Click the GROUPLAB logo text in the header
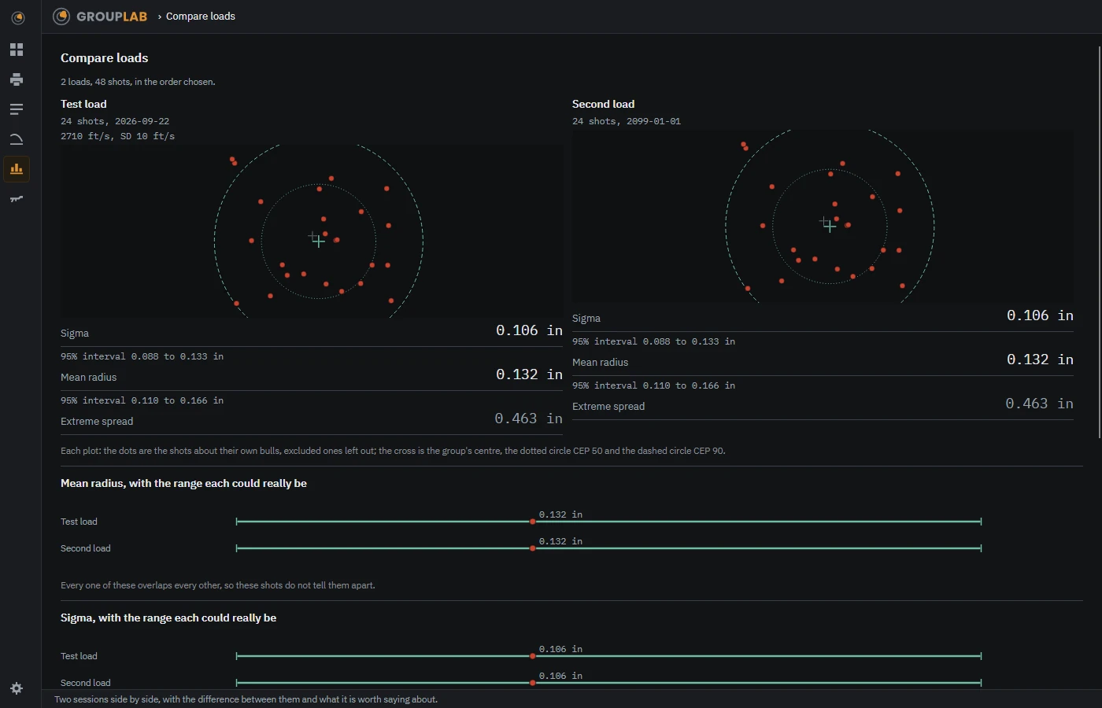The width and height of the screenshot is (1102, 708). point(112,17)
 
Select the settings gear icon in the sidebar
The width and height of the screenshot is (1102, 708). point(17,688)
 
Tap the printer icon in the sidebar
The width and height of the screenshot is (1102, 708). point(17,79)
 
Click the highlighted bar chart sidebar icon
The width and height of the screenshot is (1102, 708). point(17,169)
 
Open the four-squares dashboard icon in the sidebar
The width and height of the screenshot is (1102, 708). point(17,50)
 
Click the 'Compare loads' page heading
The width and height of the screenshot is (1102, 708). point(104,58)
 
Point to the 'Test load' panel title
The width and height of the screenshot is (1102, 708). point(83,104)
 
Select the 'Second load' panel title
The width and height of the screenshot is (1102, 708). point(603,104)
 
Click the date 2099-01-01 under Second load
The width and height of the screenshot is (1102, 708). point(653,121)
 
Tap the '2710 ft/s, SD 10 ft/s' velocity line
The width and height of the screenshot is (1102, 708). point(117,136)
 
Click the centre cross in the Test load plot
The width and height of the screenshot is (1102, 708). point(318,242)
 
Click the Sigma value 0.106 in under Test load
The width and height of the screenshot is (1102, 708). point(529,330)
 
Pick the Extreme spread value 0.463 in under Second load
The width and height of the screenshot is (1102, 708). point(1039,404)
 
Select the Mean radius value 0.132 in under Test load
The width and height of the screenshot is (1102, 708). point(529,374)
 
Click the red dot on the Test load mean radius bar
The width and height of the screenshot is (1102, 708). point(532,522)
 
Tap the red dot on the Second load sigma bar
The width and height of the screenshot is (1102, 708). point(532,683)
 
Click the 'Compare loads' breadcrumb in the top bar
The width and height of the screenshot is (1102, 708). point(200,17)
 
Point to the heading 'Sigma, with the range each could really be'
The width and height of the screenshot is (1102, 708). point(168,618)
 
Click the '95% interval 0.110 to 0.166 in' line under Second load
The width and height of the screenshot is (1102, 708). point(653,386)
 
